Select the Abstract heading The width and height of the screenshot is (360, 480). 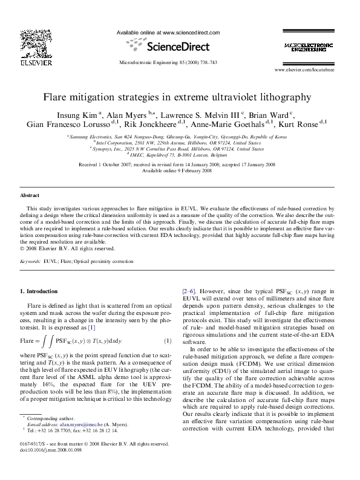click(x=30, y=196)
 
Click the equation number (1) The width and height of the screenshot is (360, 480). click(x=169, y=344)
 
